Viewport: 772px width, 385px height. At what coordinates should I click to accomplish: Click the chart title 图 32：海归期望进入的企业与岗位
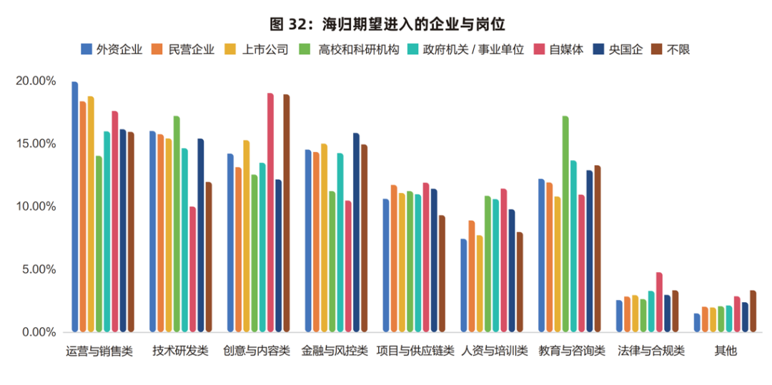(x=387, y=24)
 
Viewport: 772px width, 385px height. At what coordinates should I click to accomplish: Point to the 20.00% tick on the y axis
(x=35, y=81)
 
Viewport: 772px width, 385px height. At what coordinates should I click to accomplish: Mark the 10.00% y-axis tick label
(x=35, y=207)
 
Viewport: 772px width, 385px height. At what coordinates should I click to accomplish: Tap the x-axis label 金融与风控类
(x=335, y=351)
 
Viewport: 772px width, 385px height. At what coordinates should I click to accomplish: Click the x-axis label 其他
(x=725, y=351)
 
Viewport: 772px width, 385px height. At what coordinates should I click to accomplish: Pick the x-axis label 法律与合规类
(x=650, y=351)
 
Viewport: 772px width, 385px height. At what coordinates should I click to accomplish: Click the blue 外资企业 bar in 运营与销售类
(x=75, y=207)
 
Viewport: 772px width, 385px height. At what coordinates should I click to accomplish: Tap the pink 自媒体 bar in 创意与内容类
(x=270, y=213)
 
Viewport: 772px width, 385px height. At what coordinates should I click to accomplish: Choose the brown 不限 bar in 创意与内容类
(x=287, y=214)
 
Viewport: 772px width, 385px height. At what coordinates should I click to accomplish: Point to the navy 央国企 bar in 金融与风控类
(x=356, y=233)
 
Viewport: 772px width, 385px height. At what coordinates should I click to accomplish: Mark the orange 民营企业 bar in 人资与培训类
(x=472, y=276)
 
